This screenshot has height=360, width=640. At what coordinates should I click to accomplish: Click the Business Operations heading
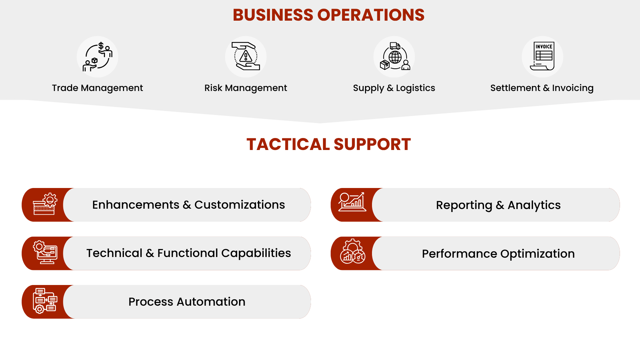pyautogui.click(x=328, y=15)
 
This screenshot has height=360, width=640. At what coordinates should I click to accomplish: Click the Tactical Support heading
pyautogui.click(x=328, y=144)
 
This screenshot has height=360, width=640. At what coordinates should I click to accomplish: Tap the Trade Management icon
pyautogui.click(x=97, y=57)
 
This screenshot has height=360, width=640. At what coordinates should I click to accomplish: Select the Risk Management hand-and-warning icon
pyautogui.click(x=246, y=57)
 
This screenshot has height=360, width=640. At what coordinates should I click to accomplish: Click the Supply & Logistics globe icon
pyautogui.click(x=394, y=57)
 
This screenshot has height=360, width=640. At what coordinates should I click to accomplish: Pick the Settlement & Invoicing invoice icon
pyautogui.click(x=543, y=57)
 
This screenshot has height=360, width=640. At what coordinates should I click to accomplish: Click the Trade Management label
pyautogui.click(x=97, y=88)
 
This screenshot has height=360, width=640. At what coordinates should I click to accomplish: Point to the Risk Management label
pyautogui.click(x=246, y=88)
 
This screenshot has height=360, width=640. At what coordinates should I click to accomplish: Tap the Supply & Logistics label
pyautogui.click(x=394, y=88)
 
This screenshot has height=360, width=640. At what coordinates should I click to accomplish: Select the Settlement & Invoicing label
pyautogui.click(x=542, y=88)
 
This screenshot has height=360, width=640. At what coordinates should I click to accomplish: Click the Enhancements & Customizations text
pyautogui.click(x=188, y=205)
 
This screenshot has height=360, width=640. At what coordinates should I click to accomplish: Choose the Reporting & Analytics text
pyautogui.click(x=498, y=205)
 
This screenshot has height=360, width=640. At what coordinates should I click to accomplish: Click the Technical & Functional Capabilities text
pyautogui.click(x=188, y=253)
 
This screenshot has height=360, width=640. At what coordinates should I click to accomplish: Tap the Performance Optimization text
pyautogui.click(x=498, y=254)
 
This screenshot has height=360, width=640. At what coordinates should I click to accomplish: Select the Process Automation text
pyautogui.click(x=187, y=302)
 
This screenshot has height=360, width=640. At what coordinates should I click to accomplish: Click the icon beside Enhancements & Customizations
pyautogui.click(x=45, y=204)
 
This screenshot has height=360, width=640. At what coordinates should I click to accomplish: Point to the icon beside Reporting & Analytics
pyautogui.click(x=352, y=202)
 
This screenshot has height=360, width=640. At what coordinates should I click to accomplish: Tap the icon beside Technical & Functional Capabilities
pyautogui.click(x=45, y=252)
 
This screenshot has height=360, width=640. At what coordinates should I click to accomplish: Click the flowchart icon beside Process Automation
pyautogui.click(x=45, y=301)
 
